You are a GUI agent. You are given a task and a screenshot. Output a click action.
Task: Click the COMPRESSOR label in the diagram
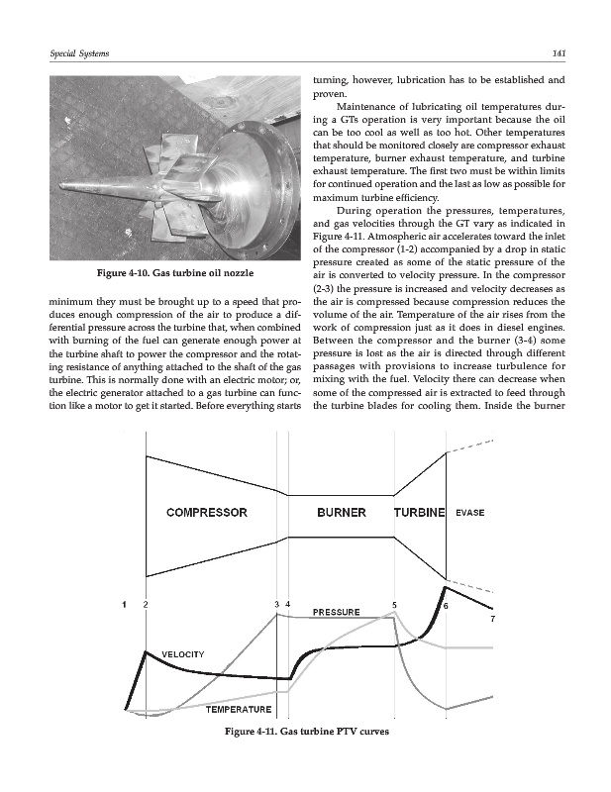pos(207,513)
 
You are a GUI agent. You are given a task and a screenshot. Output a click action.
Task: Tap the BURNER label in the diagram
pos(342,513)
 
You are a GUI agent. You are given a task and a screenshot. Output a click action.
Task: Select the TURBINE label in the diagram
pos(420,513)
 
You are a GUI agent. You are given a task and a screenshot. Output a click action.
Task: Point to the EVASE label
pos(469,513)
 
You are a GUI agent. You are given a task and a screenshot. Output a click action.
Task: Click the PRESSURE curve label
pos(336,612)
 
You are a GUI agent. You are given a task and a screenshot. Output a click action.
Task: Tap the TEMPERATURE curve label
pos(238,710)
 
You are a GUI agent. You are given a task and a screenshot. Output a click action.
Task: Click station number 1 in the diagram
pos(125,604)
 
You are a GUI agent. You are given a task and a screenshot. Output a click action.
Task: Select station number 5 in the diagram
pos(394,604)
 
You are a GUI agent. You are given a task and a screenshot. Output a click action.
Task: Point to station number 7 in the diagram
pos(492,620)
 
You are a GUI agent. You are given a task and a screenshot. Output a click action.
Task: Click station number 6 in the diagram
pos(446,605)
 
